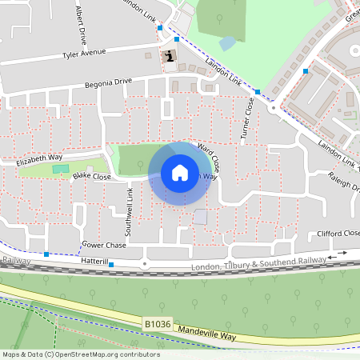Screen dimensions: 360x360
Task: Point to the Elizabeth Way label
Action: (x=38, y=161)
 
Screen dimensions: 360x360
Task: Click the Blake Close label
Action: (x=91, y=176)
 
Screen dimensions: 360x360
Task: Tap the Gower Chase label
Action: (x=104, y=245)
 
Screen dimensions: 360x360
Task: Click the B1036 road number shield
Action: (x=158, y=324)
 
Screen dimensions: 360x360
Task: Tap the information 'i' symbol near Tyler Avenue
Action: (x=170, y=56)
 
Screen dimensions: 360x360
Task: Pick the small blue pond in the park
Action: (x=228, y=42)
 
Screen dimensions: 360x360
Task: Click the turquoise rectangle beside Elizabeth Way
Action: (x=56, y=169)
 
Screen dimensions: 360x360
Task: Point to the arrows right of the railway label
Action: (x=342, y=254)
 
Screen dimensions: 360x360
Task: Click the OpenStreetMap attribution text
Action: (x=80, y=354)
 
